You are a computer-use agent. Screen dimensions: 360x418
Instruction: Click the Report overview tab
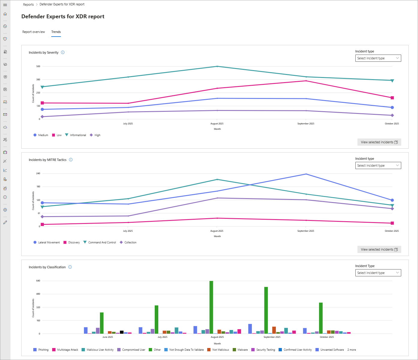pos(34,32)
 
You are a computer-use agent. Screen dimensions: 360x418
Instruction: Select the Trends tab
pos(56,32)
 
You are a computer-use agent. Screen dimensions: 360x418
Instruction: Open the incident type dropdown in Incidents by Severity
pos(378,58)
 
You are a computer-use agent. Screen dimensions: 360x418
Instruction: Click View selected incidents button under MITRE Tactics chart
pos(379,249)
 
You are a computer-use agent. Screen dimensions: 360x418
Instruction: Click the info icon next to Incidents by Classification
pos(70,267)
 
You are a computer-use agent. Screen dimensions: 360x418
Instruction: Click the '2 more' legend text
pos(351,350)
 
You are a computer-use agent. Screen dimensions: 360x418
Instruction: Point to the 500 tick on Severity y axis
pos(38,66)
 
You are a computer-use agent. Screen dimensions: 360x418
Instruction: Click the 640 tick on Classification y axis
pos(38,281)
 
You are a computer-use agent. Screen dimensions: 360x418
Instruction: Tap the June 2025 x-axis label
pos(108,337)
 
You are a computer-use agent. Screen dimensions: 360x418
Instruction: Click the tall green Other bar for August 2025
pos(211,307)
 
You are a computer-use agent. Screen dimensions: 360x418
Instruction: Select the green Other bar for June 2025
pos(102,323)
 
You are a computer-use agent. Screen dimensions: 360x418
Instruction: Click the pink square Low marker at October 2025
pos(392,98)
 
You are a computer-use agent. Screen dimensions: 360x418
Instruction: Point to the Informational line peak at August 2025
pos(217,66)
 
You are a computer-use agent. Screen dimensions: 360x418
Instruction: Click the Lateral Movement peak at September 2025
pos(306,174)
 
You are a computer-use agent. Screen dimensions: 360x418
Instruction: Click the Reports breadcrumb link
pos(28,4)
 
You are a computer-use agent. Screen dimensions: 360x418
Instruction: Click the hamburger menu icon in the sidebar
pos(5,5)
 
